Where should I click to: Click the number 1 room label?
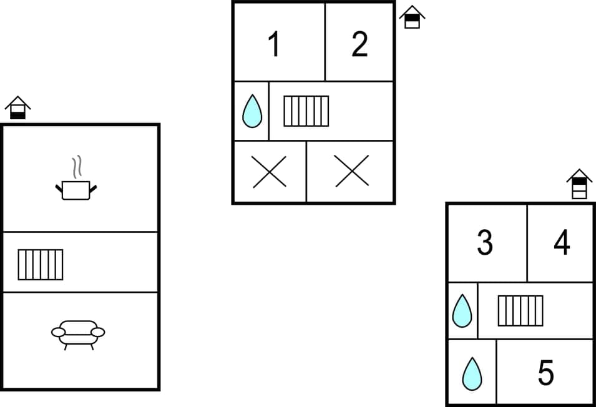coord(273,45)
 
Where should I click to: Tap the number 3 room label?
coord(485,243)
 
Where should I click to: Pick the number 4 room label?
coord(562,243)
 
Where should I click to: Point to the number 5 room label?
coord(545,373)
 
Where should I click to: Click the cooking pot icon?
coord(76,190)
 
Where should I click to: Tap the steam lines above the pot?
coord(77,167)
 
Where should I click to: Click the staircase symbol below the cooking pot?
coord(41,264)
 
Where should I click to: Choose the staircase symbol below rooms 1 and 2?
coord(306,111)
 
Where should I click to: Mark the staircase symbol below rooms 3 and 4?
coord(520,310)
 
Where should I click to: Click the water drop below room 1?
coord(252,112)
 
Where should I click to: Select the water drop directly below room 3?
coord(462,311)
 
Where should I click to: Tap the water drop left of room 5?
coord(472,374)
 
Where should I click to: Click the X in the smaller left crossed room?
coord(270,172)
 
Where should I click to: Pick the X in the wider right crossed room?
coord(352,172)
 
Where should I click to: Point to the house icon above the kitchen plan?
coord(17,107)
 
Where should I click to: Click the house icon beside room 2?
coord(412,17)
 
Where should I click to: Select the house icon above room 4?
coord(579,184)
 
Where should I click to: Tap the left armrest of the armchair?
coord(58,333)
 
